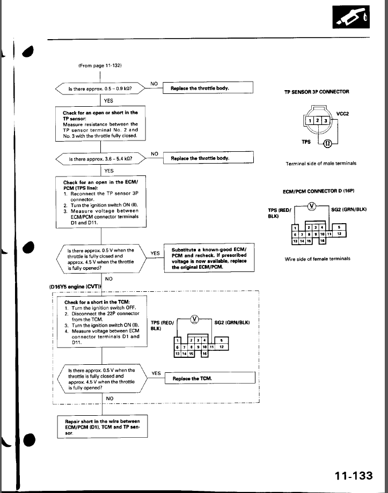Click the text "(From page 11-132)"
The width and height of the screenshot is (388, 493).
(100, 65)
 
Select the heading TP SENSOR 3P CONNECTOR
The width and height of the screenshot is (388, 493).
(317, 92)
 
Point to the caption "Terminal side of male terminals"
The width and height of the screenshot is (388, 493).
(321, 163)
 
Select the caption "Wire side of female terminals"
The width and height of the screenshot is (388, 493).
(317, 259)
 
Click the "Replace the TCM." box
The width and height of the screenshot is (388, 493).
(209, 378)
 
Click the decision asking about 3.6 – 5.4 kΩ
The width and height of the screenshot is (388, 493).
(101, 159)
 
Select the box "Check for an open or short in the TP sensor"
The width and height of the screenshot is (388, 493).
(100, 124)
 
